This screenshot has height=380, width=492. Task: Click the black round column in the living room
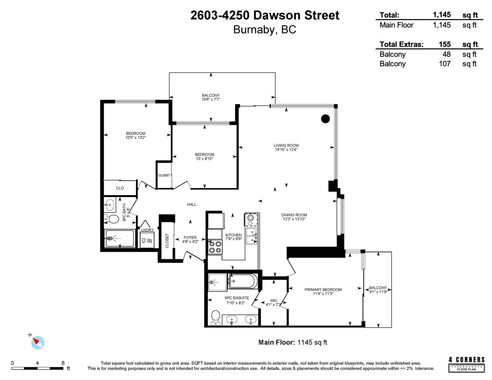click(x=325, y=119)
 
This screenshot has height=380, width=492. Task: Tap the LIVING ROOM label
click(x=286, y=145)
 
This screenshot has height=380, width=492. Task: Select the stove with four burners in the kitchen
click(x=215, y=247)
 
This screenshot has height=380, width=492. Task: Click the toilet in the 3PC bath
click(x=112, y=219)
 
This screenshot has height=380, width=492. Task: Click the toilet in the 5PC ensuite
click(x=216, y=317)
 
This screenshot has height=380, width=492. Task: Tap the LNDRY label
click(x=147, y=230)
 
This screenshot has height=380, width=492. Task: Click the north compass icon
click(x=38, y=342)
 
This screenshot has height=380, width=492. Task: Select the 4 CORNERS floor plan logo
click(x=466, y=364)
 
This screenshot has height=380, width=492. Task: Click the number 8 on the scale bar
click(x=63, y=363)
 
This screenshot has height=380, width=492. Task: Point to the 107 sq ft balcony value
click(x=445, y=64)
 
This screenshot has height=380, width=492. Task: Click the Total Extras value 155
click(x=445, y=44)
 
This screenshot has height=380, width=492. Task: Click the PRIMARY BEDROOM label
click(x=323, y=290)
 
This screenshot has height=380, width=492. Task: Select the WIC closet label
click(x=274, y=301)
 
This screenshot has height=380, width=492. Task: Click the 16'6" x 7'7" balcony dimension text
click(x=211, y=99)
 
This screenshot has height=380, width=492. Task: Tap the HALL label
click(x=191, y=204)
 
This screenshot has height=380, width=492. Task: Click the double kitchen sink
click(x=251, y=236)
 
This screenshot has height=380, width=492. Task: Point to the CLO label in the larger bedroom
click(x=120, y=188)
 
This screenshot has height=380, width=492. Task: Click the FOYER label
click(x=190, y=238)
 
